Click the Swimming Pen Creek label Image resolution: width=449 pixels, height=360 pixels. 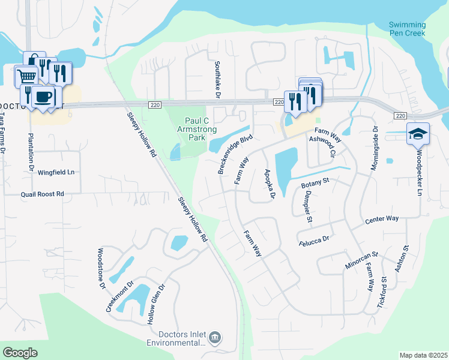click(407, 29)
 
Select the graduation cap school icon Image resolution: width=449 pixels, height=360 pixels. click(417, 134)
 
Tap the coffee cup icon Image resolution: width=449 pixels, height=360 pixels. click(43, 97)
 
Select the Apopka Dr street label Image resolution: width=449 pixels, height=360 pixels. click(270, 184)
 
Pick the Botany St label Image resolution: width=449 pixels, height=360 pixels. click(315, 180)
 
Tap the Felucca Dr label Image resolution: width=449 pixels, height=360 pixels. click(314, 241)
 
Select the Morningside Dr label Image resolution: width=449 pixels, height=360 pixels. click(374, 148)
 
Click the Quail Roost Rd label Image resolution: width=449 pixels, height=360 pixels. click(42, 194)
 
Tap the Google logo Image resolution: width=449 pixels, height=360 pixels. click(20, 353)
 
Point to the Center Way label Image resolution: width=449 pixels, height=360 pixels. click(382, 221)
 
